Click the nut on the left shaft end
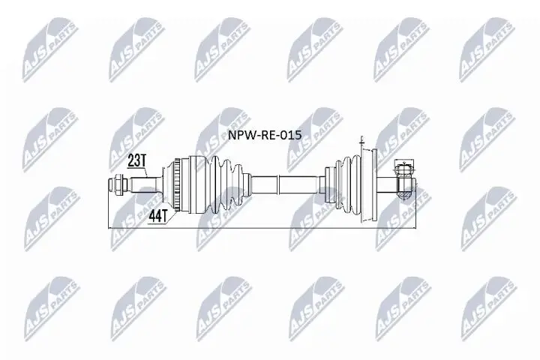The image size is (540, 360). coord(119,182)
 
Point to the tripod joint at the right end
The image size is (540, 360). coord(403,181)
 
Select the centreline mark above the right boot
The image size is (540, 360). coord(361,141)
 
